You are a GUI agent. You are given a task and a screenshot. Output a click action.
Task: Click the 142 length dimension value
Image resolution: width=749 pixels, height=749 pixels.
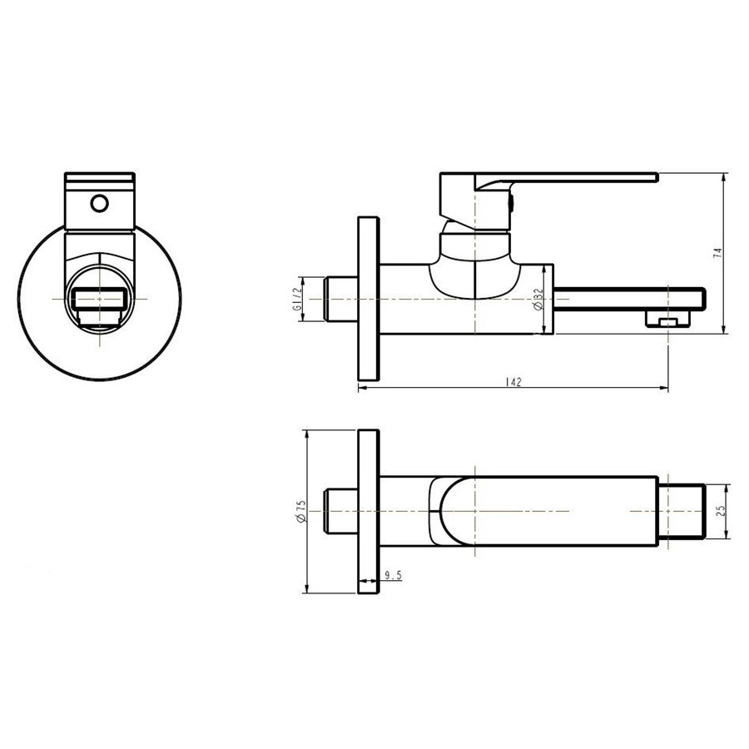[513, 381]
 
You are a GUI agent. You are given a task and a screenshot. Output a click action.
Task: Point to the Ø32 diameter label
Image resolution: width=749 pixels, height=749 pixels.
[539, 299]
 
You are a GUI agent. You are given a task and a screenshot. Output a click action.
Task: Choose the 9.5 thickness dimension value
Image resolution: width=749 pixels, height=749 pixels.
[394, 574]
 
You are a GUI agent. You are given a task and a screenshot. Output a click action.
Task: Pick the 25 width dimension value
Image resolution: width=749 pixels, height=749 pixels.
[721, 510]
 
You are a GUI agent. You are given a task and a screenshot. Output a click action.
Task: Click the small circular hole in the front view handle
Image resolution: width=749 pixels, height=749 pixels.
[100, 202]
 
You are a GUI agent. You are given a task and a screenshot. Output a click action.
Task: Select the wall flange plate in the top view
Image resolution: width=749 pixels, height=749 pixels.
[369, 511]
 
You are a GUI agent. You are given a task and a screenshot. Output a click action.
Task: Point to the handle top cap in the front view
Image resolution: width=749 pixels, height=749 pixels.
[99, 178]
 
